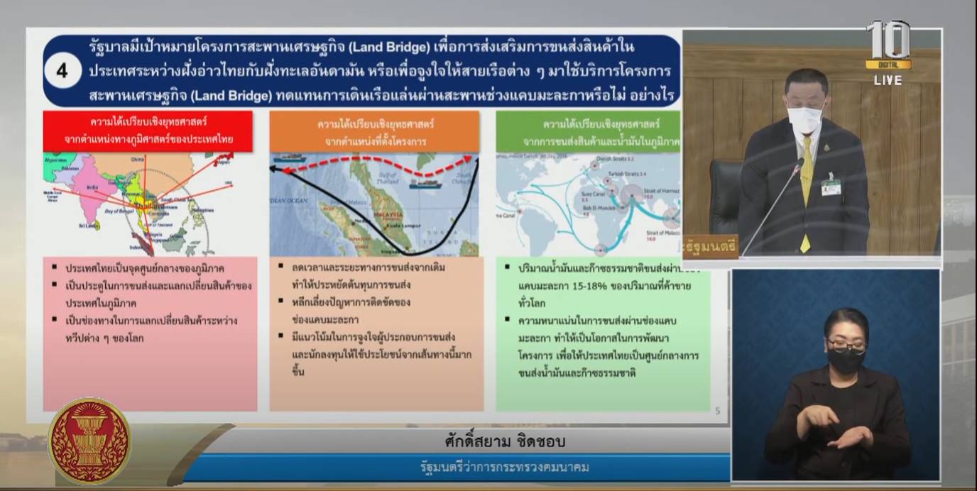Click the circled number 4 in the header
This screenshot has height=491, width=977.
tap(62, 71)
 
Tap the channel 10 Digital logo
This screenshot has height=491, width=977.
tap(888, 44)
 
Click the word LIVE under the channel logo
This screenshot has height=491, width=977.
tap(888, 80)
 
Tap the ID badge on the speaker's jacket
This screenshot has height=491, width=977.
tap(830, 187)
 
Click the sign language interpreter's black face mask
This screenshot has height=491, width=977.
tap(845, 359)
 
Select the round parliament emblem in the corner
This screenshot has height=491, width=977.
tap(89, 441)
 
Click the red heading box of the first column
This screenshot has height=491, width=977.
tap(148, 131)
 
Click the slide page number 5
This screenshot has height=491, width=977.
tap(718, 410)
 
